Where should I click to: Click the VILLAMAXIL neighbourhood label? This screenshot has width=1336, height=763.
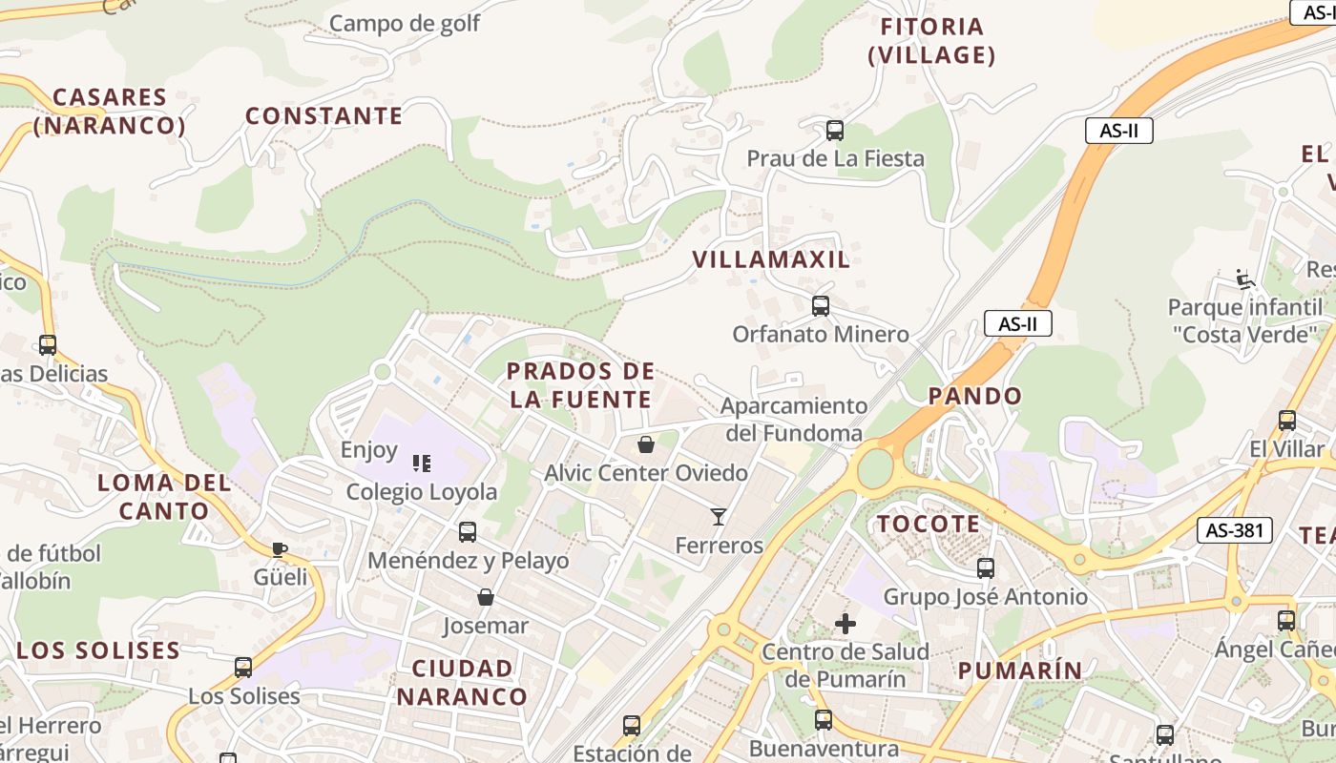point(771,259)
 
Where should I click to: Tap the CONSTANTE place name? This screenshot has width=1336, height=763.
point(324,116)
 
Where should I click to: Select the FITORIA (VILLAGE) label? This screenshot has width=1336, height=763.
point(931,41)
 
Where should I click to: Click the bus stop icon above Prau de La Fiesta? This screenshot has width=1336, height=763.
point(835,131)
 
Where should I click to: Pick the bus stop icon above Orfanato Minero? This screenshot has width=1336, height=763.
point(820,306)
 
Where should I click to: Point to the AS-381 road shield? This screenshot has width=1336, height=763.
point(1235,530)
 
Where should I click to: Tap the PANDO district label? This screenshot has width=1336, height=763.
point(974,396)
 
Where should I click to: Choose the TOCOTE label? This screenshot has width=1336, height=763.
point(929,524)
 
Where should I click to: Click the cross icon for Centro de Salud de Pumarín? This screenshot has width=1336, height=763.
point(845,624)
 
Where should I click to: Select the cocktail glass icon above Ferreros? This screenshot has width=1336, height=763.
point(719,517)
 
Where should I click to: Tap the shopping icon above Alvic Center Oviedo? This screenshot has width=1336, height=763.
point(646,444)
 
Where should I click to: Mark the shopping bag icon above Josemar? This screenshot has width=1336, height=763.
point(486,598)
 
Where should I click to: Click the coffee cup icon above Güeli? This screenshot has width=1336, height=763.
point(280,549)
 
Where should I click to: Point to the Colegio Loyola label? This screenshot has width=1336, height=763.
point(422,492)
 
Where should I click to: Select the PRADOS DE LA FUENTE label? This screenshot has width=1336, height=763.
point(580,385)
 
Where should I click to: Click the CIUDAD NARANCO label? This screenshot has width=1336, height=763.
point(462,682)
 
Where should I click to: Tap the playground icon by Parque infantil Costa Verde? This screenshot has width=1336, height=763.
point(1244,278)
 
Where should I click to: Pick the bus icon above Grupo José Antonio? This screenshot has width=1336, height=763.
point(986,568)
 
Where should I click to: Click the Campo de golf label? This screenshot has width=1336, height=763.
point(405,23)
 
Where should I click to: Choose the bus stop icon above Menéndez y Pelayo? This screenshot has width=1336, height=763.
point(468,532)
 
